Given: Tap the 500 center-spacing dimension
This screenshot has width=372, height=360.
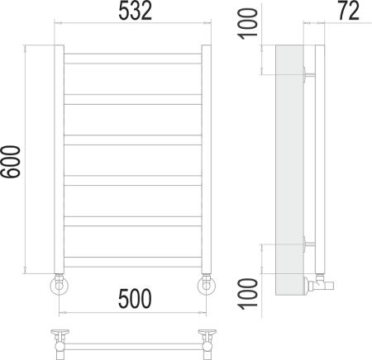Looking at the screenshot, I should coord(133,299).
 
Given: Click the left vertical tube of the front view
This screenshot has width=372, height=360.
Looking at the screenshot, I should coord(60,157).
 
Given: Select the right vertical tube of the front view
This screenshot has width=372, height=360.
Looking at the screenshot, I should coord(207,157).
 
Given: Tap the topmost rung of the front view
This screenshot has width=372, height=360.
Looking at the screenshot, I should coord(133,58).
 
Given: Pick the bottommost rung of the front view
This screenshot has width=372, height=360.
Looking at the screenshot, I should coord(133,261).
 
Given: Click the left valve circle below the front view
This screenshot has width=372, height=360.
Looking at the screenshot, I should coord(60,286).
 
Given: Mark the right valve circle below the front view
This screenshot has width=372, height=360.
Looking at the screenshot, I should coord(206,286).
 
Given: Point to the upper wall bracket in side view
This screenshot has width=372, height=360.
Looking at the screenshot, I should coord(308,73).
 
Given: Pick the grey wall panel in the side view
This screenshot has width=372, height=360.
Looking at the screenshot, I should coord(289,165).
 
